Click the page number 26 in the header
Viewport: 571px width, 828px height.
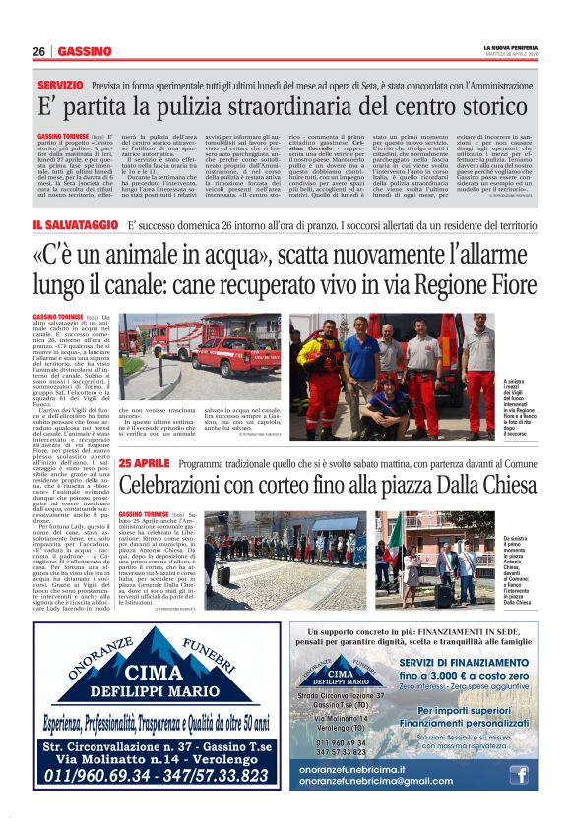coord(38,51)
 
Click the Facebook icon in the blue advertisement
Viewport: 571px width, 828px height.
coord(519,775)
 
